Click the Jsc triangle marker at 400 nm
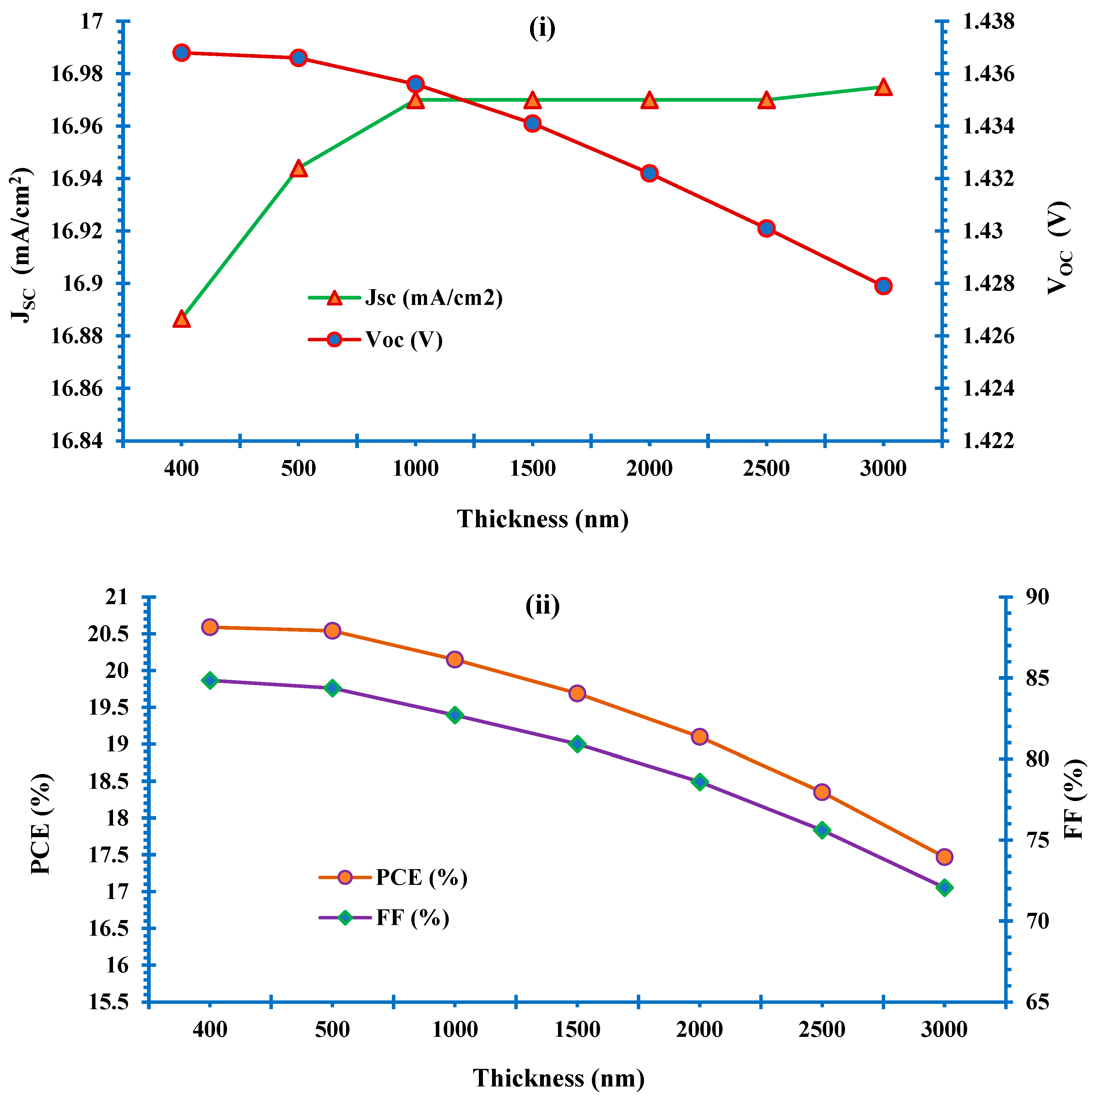coord(181,319)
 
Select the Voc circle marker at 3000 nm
coord(883,285)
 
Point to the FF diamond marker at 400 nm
coord(210,680)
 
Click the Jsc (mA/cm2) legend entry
coord(434,297)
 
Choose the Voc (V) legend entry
coord(403,340)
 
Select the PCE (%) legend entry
coord(421,877)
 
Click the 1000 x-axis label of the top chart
coord(415,469)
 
